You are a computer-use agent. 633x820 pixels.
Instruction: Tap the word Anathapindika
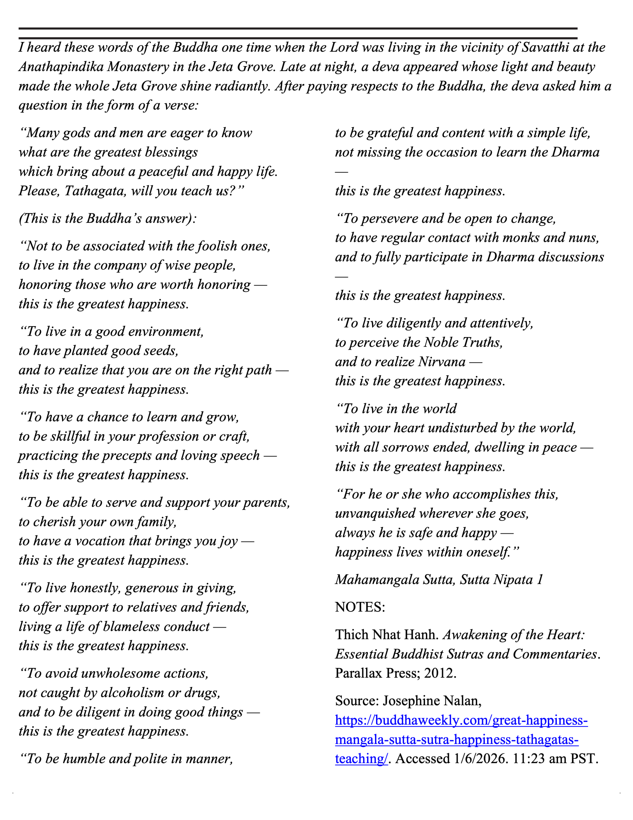(x=61, y=67)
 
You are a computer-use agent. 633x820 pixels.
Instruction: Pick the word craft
(x=235, y=436)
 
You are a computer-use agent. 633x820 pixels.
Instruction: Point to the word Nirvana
(x=442, y=362)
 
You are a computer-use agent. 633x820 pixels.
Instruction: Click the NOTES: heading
(x=360, y=607)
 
